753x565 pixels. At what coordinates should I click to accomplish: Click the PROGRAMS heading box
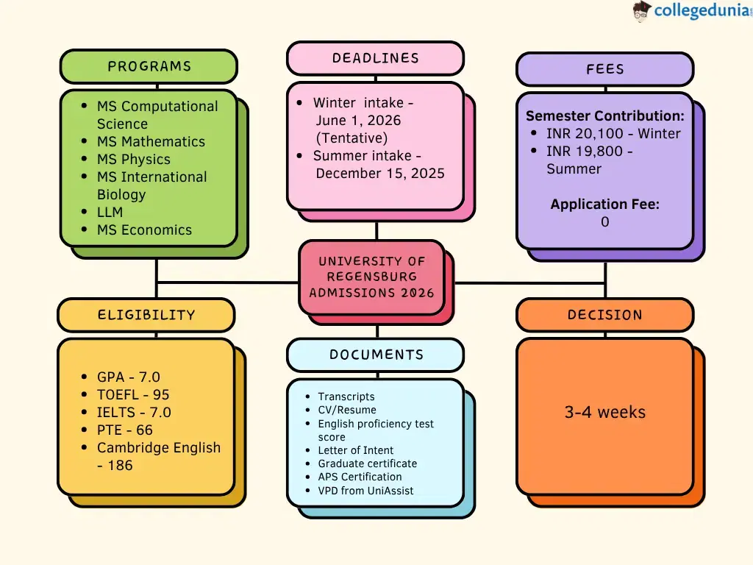[x=149, y=66]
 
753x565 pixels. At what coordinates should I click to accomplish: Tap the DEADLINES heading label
[x=375, y=58]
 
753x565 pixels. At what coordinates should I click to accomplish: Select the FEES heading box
[x=604, y=69]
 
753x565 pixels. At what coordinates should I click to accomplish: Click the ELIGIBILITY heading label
[x=146, y=315]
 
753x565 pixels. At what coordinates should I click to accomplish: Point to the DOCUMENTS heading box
[x=376, y=355]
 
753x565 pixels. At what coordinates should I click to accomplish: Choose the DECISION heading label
[x=604, y=315]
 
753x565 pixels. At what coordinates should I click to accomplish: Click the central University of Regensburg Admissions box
[x=372, y=277]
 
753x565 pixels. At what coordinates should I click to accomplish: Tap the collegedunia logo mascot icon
[x=641, y=11]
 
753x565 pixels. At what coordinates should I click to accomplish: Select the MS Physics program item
[x=133, y=159]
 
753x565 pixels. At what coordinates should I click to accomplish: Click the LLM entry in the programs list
[x=110, y=212]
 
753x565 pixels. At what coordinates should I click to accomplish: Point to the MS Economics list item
[x=144, y=230]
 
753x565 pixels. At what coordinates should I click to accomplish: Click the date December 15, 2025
[x=380, y=173]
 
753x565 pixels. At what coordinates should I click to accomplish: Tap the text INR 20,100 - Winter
[x=613, y=133]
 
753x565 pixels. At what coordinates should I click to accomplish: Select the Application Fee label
[x=604, y=205]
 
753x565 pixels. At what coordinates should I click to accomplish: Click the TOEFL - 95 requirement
[x=133, y=394]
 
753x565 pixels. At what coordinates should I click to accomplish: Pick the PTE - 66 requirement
[x=125, y=430]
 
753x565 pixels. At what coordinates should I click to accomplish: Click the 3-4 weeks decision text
[x=604, y=412]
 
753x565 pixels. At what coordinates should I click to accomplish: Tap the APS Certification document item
[x=360, y=477]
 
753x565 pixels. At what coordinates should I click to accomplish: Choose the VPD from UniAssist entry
[x=365, y=490]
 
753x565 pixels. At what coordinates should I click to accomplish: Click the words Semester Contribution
[x=604, y=116]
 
